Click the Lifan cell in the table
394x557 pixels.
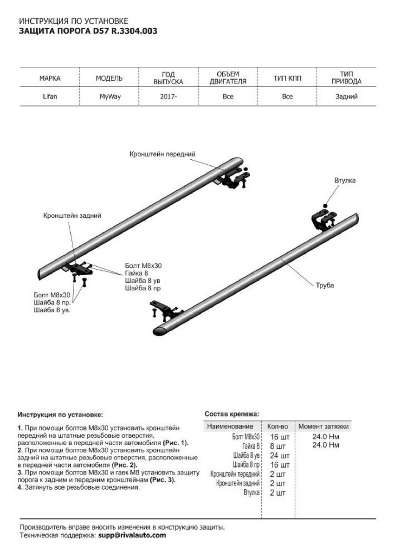tap(50, 97)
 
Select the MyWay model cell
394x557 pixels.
tap(110, 97)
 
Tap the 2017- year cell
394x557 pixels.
tap(168, 97)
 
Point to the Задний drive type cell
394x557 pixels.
tap(346, 97)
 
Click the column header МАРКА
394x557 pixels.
tap(50, 78)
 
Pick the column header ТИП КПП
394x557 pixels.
tap(287, 78)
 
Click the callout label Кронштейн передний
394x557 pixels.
tap(162, 154)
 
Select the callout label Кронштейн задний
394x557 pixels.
tap(72, 215)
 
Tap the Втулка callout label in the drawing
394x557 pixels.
tap(345, 180)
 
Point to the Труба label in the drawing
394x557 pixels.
tap(325, 285)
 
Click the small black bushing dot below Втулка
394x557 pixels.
tap(325, 205)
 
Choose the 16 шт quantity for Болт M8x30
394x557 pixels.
tap(279, 437)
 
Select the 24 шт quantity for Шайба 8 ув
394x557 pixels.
tap(279, 455)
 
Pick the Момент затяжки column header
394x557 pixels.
tap(323, 426)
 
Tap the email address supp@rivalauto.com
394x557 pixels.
tap(132, 535)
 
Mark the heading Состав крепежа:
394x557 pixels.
tap(232, 413)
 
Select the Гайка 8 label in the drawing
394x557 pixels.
tap(136, 273)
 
